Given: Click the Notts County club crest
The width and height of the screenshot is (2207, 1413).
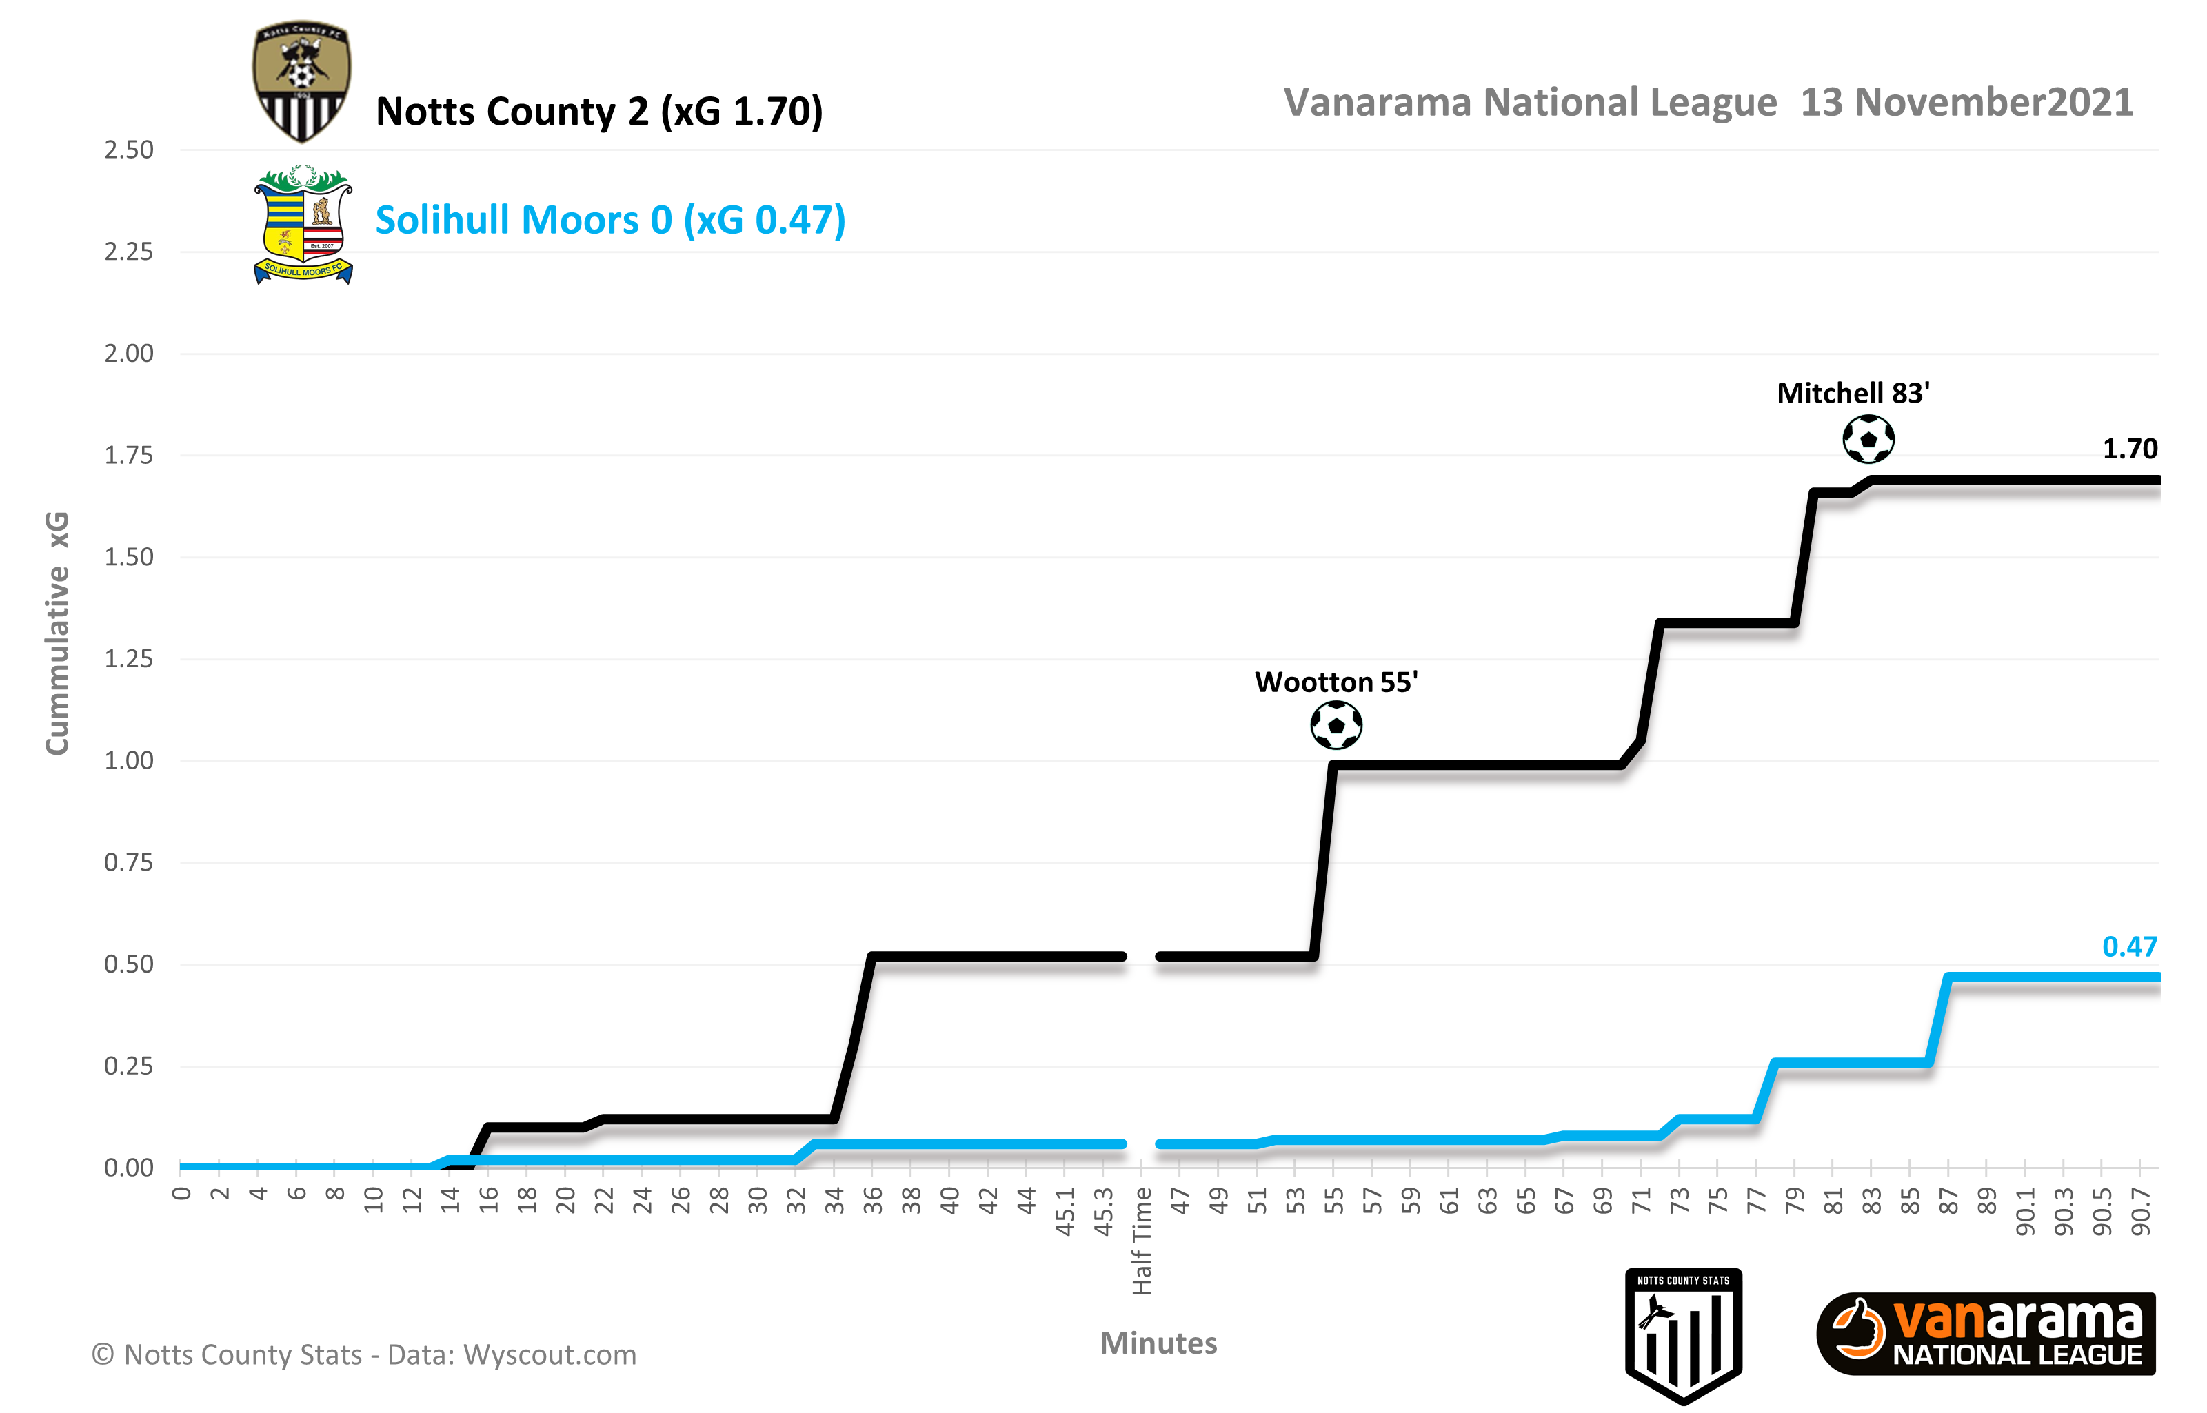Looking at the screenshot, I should (301, 81).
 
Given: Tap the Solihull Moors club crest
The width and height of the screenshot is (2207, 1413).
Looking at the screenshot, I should (303, 225).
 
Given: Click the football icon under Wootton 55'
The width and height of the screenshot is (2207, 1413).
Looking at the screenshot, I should (1336, 726).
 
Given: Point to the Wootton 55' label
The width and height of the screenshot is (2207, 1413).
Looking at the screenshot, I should (1336, 682).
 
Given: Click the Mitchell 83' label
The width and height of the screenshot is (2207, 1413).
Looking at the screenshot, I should (1853, 394).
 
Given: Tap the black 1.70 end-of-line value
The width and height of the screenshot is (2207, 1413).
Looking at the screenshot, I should (2130, 449).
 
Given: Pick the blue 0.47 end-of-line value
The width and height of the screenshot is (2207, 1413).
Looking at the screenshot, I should (2130, 947).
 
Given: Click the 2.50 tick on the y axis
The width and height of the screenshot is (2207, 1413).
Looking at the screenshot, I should (128, 150).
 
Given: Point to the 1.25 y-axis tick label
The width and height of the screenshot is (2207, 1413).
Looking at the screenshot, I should (128, 659).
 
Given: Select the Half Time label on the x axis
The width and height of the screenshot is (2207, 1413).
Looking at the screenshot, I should (1142, 1241).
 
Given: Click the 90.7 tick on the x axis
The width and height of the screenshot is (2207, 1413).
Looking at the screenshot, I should (2140, 1211).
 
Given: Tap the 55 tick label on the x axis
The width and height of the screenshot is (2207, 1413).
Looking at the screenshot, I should (1333, 1201).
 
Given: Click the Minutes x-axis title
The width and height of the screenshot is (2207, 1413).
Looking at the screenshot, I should (1158, 1343).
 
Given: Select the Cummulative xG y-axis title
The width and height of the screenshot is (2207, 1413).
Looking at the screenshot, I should (57, 633).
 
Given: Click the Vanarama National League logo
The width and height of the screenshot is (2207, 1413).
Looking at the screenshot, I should (1986, 1335).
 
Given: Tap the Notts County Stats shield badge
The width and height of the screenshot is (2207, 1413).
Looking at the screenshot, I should (1683, 1335).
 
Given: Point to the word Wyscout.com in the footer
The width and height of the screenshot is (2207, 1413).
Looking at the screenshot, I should (550, 1355).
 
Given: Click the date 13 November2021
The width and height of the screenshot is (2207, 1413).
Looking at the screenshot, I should (1966, 103).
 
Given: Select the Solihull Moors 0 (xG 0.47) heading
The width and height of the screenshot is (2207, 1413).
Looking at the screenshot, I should (610, 220).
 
